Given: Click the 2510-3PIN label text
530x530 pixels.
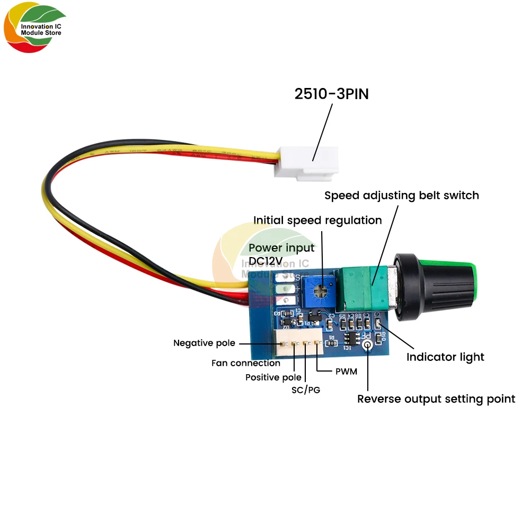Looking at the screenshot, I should pos(331,94).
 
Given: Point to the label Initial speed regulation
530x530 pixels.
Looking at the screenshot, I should pos(317,220).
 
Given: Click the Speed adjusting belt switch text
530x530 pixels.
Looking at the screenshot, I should pos(401,195).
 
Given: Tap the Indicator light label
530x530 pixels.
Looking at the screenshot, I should pos(445,357).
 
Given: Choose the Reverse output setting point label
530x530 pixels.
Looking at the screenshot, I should pos(436,399).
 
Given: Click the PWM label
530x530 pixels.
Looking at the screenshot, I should pos(346,372).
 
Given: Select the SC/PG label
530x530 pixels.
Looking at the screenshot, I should pos(306,391).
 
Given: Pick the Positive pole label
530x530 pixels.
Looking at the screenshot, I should pos(273,377).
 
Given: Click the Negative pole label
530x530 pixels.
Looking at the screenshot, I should pos(204,343).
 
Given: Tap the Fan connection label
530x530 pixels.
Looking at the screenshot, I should pos(245,363).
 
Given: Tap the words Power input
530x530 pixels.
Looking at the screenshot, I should pos(281,248).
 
